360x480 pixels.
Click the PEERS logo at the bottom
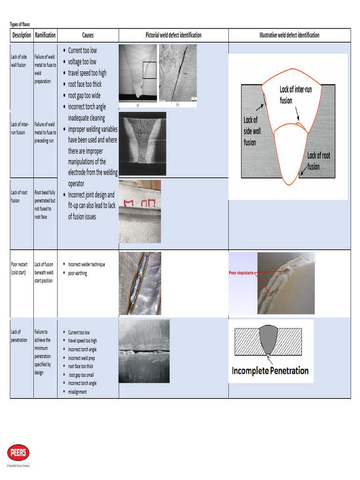[x=18, y=453]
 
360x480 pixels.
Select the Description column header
[x=22, y=35]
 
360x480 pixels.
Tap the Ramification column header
[x=45, y=35]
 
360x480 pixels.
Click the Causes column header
[x=88, y=35]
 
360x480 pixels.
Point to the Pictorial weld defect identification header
[x=173, y=35]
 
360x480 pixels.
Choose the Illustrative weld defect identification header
[x=289, y=35]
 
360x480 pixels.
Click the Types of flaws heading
[x=20, y=24]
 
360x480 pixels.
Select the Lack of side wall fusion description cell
[x=19, y=61]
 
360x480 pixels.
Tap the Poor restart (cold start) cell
[x=19, y=269]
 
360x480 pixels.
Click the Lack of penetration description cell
[x=19, y=336]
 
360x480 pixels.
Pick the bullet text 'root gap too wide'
[x=84, y=96]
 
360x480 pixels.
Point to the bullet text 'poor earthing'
[x=77, y=273]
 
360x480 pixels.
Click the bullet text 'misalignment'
[x=77, y=392]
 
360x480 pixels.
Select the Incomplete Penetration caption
[x=270, y=371]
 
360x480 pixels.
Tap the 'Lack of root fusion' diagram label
[x=319, y=161]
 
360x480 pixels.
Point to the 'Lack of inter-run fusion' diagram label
[x=292, y=94]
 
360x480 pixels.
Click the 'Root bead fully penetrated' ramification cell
[x=45, y=205]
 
